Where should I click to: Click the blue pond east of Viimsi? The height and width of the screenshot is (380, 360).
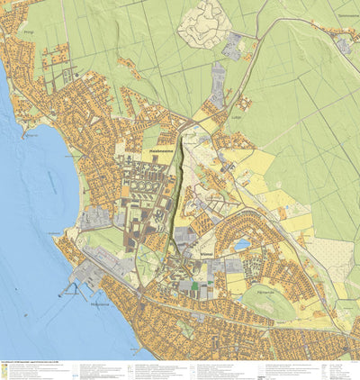tap(241, 244)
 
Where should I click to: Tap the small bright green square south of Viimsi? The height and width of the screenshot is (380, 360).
tap(194, 286)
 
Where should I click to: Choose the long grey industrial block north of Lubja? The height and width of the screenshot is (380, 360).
tap(218, 81)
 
